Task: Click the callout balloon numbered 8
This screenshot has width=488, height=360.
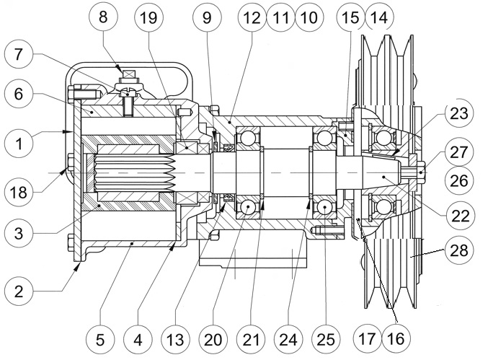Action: click(x=103, y=17)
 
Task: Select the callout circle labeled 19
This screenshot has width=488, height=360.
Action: click(x=148, y=17)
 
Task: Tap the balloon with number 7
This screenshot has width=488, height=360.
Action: click(x=19, y=55)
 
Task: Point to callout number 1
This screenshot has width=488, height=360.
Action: click(x=19, y=144)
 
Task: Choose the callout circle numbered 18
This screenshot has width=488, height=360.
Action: click(x=19, y=192)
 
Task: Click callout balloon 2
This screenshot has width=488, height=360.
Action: click(x=19, y=291)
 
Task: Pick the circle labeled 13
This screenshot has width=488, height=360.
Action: click(x=176, y=340)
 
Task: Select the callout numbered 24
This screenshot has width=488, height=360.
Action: click(x=288, y=340)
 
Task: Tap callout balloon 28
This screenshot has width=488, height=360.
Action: click(x=459, y=250)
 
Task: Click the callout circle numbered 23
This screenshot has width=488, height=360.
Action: click(x=459, y=114)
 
